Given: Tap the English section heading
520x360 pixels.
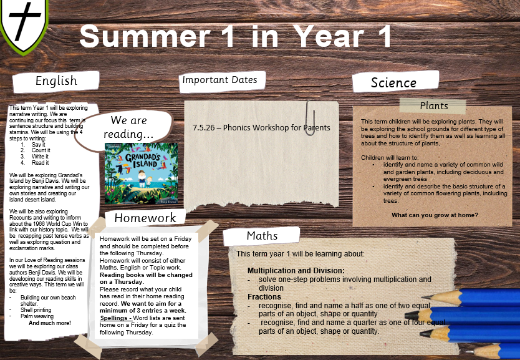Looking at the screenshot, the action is click(x=56, y=80).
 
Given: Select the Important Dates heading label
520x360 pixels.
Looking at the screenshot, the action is click(x=219, y=80).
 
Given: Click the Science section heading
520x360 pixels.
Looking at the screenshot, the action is click(x=393, y=82).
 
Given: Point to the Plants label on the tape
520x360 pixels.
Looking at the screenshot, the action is click(x=434, y=106).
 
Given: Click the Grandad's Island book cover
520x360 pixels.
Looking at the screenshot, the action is click(x=142, y=173).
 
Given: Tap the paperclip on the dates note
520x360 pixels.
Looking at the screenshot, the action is click(x=311, y=118).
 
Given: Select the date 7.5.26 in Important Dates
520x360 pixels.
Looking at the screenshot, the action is click(x=204, y=128).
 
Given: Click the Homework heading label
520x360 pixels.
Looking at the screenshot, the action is click(x=145, y=218).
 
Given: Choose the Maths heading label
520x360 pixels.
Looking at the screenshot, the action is click(x=262, y=236).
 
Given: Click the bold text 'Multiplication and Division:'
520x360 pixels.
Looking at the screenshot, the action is click(x=296, y=270).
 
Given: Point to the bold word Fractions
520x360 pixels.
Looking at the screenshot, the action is click(x=264, y=296).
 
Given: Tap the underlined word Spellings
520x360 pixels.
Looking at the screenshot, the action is click(x=113, y=318).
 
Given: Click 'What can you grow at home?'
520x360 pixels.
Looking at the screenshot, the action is click(x=435, y=215).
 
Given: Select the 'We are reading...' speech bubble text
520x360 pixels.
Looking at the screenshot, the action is click(x=128, y=127).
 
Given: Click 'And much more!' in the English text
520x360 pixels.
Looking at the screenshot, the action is click(x=50, y=323).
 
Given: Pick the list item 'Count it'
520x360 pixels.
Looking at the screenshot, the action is click(x=41, y=150).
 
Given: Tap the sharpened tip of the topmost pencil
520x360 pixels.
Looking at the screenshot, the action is click(x=424, y=297).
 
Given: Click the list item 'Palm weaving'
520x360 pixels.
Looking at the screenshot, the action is click(x=37, y=316).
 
